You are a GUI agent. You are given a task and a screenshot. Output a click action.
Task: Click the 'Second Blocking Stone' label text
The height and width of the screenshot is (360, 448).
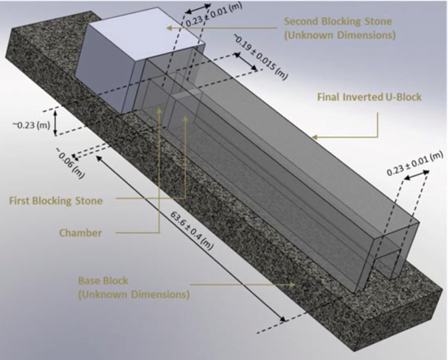tap(338, 21)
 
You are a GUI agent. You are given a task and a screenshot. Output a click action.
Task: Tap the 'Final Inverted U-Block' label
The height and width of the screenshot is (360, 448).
tap(369, 97)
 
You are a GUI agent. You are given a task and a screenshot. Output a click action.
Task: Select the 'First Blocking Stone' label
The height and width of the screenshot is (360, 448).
tap(56, 201)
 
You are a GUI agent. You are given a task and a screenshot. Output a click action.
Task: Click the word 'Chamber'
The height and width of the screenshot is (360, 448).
tap(80, 233)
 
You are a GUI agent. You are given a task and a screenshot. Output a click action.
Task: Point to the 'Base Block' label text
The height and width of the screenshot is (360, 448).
tap(103, 281)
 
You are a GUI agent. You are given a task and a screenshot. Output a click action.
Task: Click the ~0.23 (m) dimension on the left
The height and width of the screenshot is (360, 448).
tap(31, 125)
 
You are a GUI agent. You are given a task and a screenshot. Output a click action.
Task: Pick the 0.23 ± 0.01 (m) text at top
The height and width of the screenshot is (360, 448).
tap(213, 14)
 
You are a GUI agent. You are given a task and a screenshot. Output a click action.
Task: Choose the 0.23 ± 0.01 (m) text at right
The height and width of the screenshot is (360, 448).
tap(414, 164)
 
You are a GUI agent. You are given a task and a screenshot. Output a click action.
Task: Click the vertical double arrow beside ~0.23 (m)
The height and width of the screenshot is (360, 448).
tap(56, 123)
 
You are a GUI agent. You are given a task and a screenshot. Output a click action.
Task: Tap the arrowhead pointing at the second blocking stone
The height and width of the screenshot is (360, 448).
tap(170, 28)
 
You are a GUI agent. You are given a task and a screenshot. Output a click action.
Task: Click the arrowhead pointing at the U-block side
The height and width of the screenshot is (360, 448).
tap(314, 137)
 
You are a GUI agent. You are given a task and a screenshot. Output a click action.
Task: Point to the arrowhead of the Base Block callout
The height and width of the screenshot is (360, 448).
tap(293, 285)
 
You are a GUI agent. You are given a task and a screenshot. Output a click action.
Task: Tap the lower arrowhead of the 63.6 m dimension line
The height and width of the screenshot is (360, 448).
tap(283, 320)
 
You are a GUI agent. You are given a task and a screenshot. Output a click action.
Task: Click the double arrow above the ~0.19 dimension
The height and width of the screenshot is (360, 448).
tap(245, 62)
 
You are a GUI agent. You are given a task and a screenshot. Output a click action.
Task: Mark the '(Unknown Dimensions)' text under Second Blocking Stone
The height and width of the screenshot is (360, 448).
tap(340, 35)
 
